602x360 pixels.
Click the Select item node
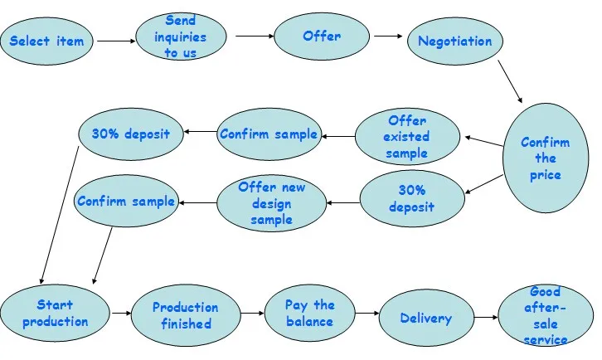point(47,41)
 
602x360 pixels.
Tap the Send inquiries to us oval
point(180,37)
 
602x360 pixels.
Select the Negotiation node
point(454,41)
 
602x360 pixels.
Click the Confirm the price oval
point(546,158)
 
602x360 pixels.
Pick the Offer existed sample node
point(406,137)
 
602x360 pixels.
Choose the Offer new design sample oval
point(271,203)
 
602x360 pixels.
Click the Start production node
point(55,314)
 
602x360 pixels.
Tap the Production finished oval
point(186,316)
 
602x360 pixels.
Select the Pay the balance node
point(309,314)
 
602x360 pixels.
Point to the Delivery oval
point(425,318)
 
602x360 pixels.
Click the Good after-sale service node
point(545,316)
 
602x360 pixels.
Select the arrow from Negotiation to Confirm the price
point(509,83)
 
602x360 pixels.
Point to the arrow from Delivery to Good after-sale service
point(485,318)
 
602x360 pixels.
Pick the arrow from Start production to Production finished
point(120,314)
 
